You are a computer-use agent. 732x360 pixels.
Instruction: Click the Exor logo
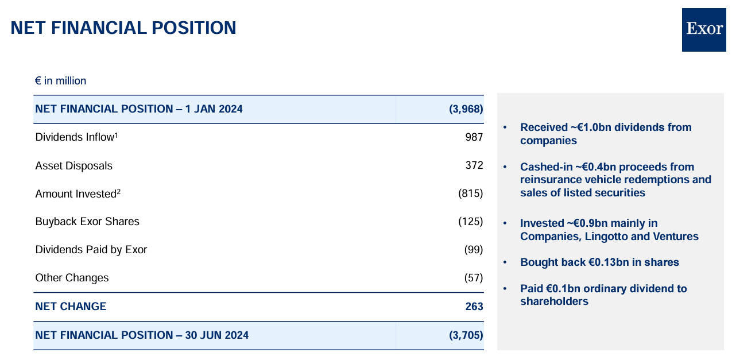[x=704, y=29]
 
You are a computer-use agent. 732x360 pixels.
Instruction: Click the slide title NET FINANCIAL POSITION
[x=123, y=28]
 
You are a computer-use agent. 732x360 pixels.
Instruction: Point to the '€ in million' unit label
[x=60, y=81]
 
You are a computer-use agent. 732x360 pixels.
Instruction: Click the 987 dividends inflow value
[x=474, y=137]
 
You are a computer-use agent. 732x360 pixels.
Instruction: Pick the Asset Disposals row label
[x=73, y=166]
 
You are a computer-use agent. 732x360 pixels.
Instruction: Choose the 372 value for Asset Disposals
[x=474, y=165]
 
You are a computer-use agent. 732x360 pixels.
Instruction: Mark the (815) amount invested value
[x=471, y=193]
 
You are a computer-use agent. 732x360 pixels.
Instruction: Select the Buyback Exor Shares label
[x=87, y=222]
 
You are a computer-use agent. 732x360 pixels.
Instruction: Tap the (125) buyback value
[x=471, y=222]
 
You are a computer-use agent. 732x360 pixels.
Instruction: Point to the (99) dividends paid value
[x=474, y=250]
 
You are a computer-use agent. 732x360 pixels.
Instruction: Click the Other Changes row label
[x=72, y=278]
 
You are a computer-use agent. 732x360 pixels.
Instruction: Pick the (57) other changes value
[x=474, y=278]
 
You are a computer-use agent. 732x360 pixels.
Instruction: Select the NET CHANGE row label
[x=71, y=307]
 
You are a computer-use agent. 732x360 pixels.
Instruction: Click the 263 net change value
[x=474, y=307]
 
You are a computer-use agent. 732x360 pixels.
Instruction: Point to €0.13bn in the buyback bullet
[x=611, y=262]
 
